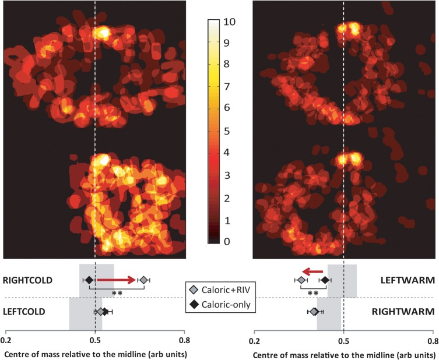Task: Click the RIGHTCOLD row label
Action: pyautogui.click(x=27, y=280)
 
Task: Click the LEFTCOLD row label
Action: pyautogui.click(x=24, y=312)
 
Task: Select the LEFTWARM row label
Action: pyautogui.click(x=408, y=280)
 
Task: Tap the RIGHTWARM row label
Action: pyautogui.click(x=403, y=312)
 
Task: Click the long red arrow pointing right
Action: pyautogui.click(x=117, y=280)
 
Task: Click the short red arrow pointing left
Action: pyautogui.click(x=312, y=271)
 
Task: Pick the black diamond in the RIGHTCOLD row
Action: pyautogui.click(x=89, y=280)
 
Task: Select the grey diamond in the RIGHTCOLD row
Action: pyautogui.click(x=143, y=280)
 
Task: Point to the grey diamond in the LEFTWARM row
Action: pyautogui.click(x=301, y=280)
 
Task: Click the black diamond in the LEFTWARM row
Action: pyautogui.click(x=325, y=280)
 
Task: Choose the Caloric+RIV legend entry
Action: pyautogui.click(x=220, y=290)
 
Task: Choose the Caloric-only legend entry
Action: pyautogui.click(x=220, y=304)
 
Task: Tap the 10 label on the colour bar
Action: pyautogui.click(x=230, y=22)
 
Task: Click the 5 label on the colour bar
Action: pyautogui.click(x=227, y=131)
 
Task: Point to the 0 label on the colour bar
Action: pyautogui.click(x=227, y=241)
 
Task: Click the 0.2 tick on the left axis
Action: pyautogui.click(x=6, y=340)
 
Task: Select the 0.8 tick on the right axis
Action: pyautogui.click(x=433, y=341)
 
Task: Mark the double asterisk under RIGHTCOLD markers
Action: pyautogui.click(x=117, y=294)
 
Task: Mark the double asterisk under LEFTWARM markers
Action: pyautogui.click(x=313, y=294)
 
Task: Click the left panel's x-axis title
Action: pyautogui.click(x=96, y=355)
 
